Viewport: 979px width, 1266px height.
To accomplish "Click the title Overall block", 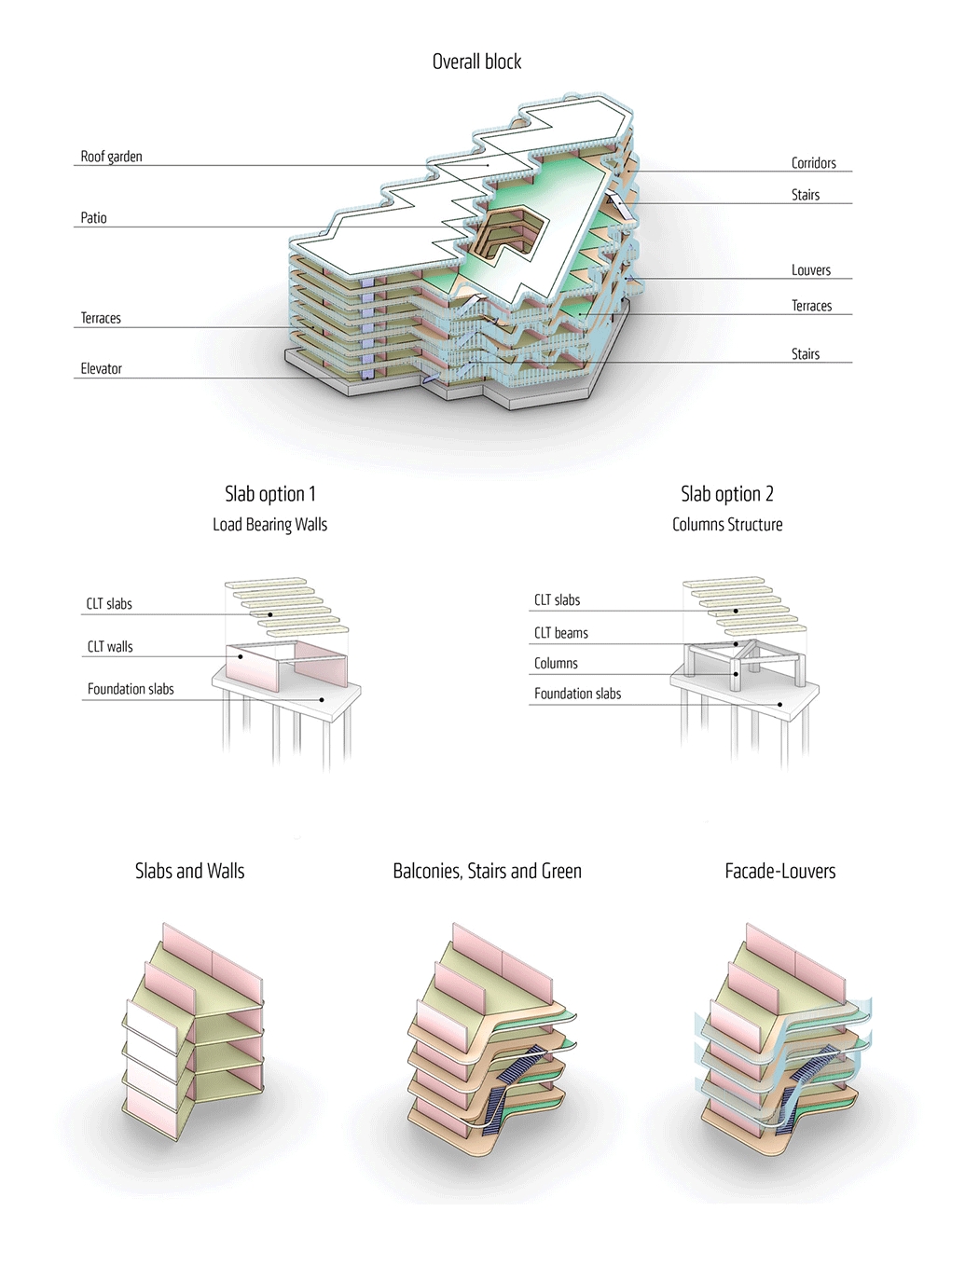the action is coord(476,62).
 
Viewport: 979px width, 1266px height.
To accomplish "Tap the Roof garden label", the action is coord(111,157).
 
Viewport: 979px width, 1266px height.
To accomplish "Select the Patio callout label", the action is coord(93,218).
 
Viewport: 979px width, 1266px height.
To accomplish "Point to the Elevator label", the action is coord(101,369).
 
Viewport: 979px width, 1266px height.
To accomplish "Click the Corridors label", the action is coord(813,163).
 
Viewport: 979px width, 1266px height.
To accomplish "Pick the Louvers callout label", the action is coord(810,270).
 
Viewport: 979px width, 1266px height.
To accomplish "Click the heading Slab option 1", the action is coord(269,494).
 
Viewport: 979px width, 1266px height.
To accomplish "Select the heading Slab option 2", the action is coord(726,494).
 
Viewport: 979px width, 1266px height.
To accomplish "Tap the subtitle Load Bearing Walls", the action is coord(269,525).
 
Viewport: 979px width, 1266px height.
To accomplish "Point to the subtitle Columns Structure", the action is coord(726,525).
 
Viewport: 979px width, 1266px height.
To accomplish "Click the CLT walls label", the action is coord(110,647).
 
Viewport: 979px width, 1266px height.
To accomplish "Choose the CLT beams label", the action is coord(560,633).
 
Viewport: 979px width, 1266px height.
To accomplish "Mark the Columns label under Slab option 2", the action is coord(556,664).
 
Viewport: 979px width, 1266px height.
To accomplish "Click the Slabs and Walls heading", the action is coord(189,871).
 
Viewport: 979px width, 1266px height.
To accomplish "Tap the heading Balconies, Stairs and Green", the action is coord(487,871).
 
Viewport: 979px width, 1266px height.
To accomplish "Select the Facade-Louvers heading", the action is coord(779,871).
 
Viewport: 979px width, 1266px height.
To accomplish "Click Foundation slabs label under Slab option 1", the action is coord(131,689).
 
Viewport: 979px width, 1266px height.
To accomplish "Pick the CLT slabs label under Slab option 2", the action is coord(557,600).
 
